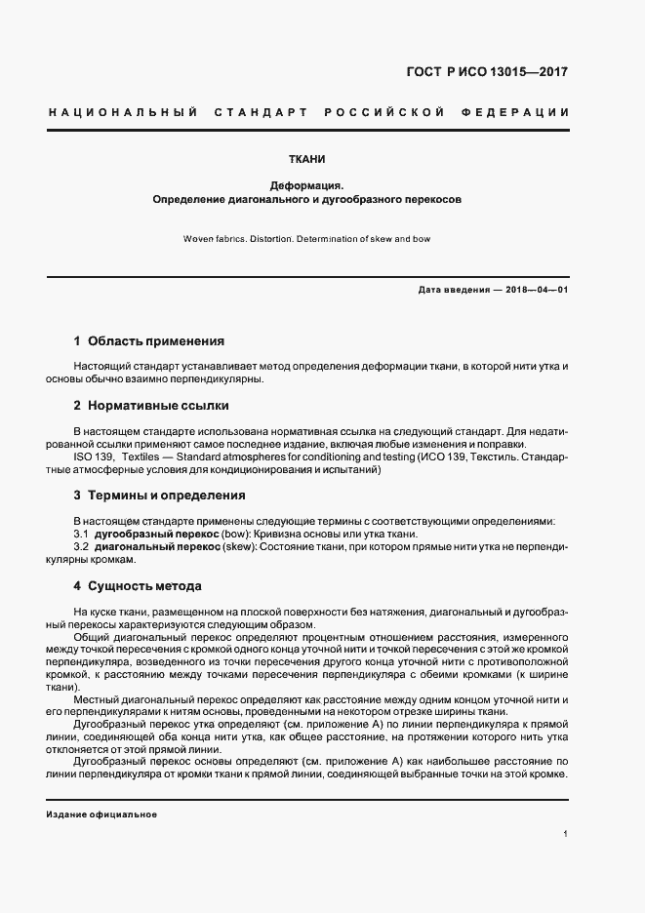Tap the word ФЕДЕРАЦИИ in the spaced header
tap(519, 112)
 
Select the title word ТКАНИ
tap(306, 158)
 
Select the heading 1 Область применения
tap(148, 341)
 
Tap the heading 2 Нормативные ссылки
tap(151, 405)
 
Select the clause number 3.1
tap(81, 534)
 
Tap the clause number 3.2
tap(81, 547)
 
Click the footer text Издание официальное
tap(101, 814)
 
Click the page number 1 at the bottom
tap(566, 835)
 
